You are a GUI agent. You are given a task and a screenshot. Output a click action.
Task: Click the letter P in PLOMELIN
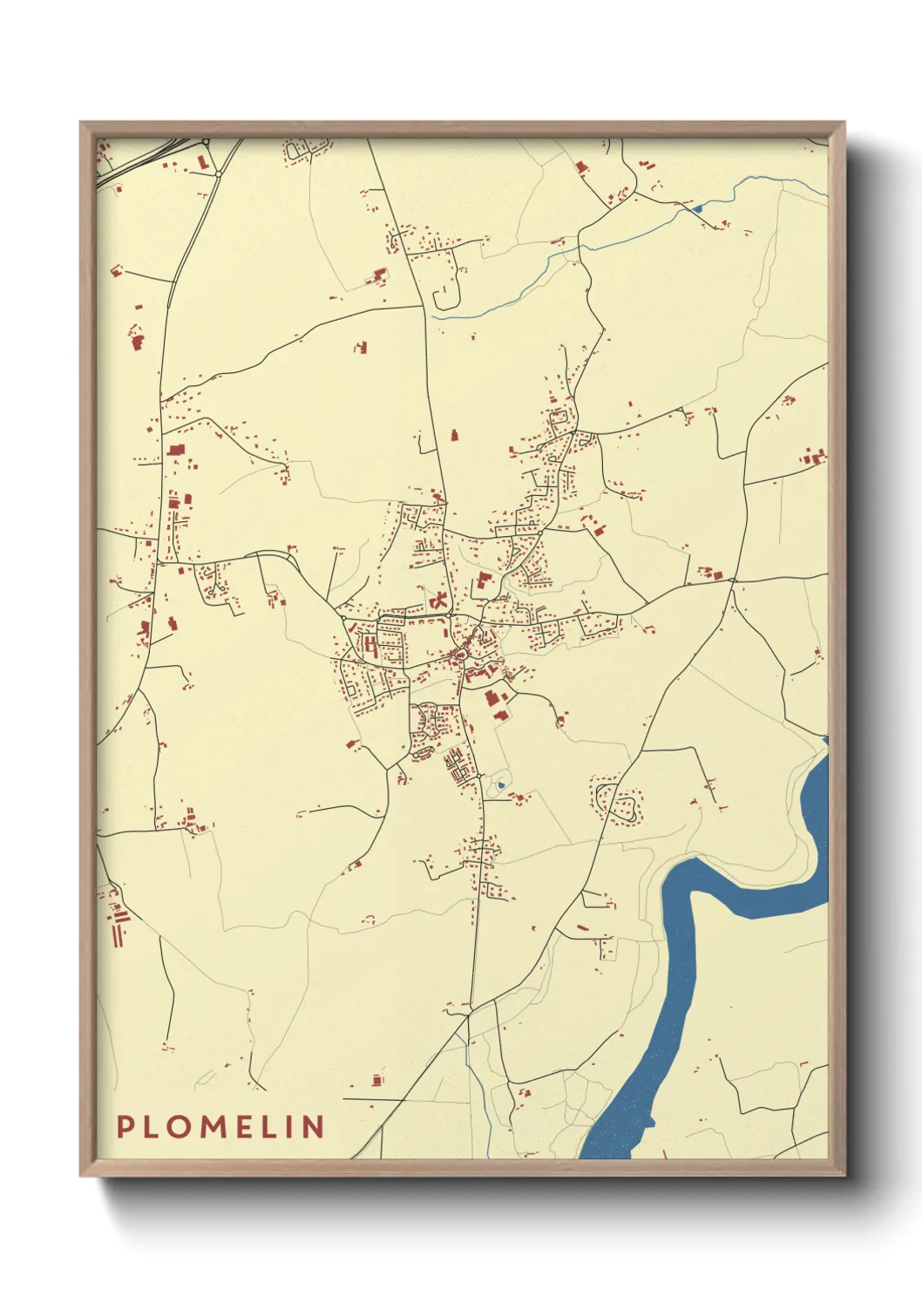(x=125, y=1127)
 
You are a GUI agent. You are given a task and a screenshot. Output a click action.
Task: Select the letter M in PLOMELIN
(x=219, y=1127)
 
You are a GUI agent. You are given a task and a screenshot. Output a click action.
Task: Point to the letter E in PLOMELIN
(x=253, y=1127)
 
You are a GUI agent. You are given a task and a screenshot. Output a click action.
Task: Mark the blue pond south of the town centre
(x=500, y=785)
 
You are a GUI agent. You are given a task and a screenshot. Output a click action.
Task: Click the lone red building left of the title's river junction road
(x=377, y=1080)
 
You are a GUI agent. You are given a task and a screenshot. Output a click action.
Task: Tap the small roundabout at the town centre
(x=459, y=652)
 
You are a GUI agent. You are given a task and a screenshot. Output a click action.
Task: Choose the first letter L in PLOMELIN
(x=154, y=1127)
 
